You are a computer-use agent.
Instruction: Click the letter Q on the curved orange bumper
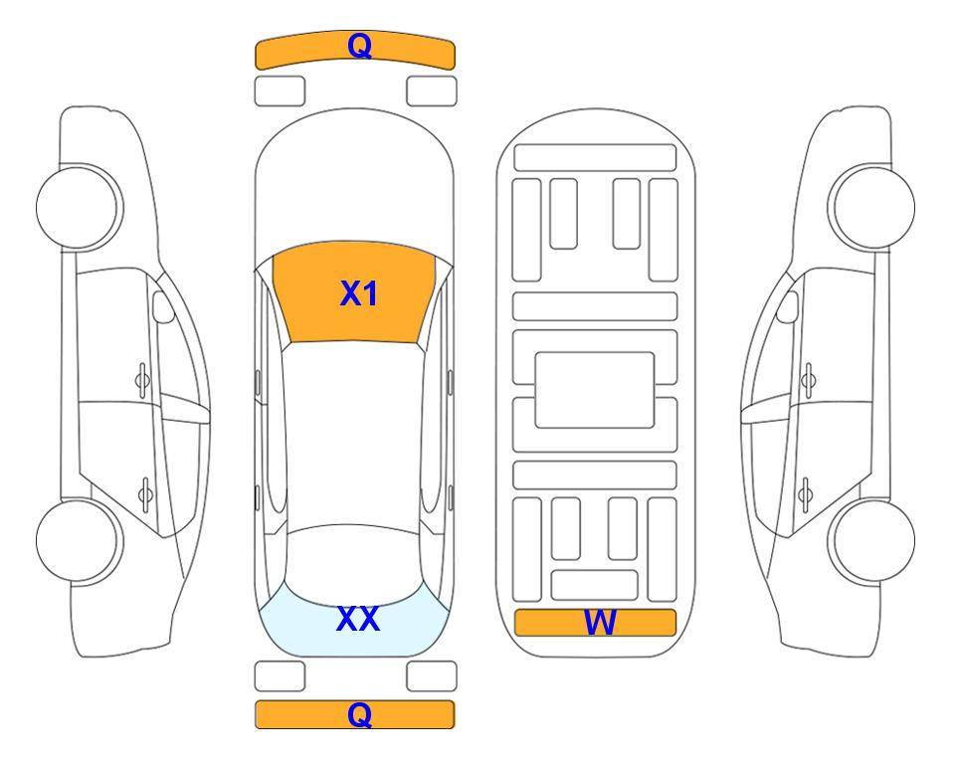360,46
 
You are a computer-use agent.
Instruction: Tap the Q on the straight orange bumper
360,714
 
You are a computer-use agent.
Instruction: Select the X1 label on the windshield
359,293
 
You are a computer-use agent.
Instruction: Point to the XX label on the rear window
358,618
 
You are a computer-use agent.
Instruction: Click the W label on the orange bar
600,622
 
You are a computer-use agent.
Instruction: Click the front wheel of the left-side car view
78,207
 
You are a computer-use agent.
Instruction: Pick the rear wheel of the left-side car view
78,541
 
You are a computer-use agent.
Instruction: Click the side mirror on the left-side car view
162,306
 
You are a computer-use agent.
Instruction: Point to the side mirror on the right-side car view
788,306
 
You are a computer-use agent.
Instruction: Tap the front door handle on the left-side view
143,380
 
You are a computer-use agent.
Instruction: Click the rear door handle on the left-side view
146,493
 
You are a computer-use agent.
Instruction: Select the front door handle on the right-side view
809,380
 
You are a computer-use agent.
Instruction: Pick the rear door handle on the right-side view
805,493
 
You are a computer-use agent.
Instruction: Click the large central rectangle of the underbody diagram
595,390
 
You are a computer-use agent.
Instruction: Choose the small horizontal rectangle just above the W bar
595,585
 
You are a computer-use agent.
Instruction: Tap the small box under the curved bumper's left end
280,92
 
